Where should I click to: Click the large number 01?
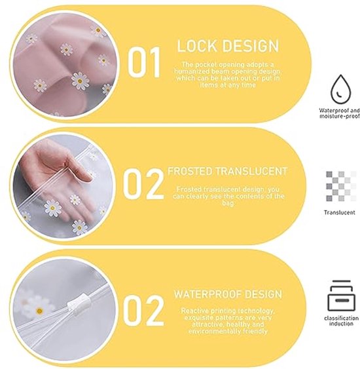144,62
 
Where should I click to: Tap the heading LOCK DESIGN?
228,46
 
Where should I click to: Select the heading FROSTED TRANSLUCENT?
228,171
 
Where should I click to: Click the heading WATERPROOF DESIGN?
228,294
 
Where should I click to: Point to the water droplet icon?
340,89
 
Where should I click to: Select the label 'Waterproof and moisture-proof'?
339,113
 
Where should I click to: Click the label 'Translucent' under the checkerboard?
340,212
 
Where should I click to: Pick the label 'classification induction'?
341,321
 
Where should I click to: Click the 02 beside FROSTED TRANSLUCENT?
143,184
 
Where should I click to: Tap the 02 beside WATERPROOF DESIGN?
143,310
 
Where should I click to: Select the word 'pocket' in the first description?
206,64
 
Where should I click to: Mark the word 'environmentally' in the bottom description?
215,332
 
